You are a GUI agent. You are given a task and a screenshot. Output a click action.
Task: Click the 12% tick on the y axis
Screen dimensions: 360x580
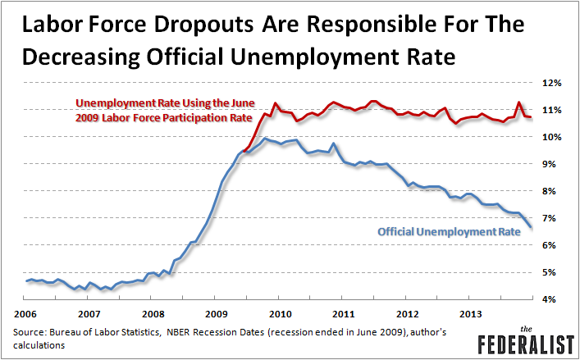[x=549, y=83]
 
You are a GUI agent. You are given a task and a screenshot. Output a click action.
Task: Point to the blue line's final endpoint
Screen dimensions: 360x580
[x=531, y=226]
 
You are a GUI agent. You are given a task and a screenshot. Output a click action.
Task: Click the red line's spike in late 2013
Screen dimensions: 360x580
[x=518, y=103]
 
